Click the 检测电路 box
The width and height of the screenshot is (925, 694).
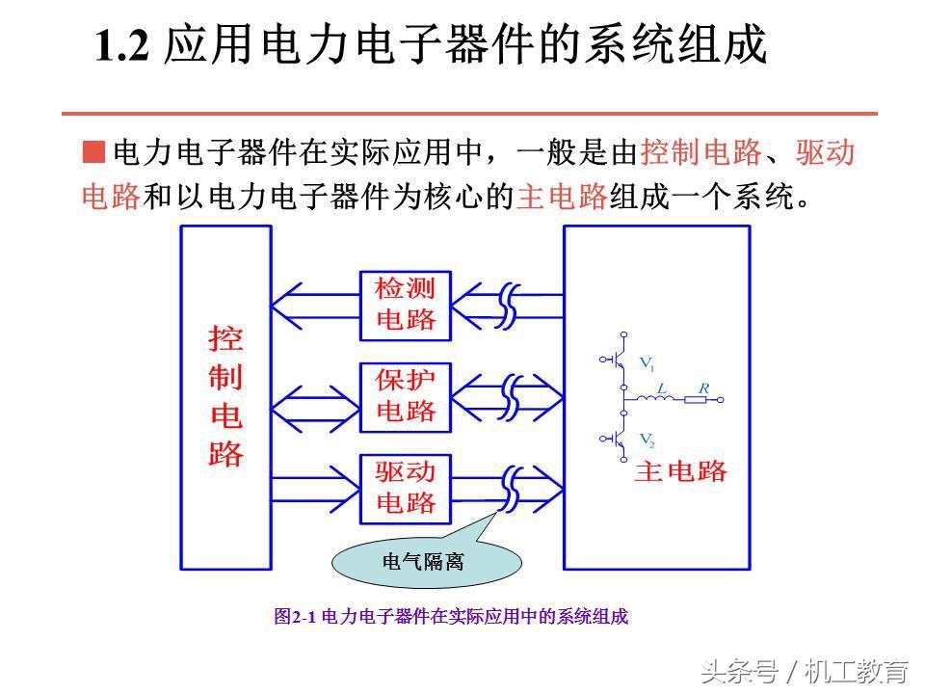pos(405,305)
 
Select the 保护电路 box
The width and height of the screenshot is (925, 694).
pos(405,396)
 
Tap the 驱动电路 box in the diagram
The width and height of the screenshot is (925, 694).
pos(405,488)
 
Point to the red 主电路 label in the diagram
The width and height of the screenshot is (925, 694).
pos(680,471)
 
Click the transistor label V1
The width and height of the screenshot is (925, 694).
pos(647,364)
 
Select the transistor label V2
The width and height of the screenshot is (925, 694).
pos(647,441)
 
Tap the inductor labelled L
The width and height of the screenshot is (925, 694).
pos(662,398)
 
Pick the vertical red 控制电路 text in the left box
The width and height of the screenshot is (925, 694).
pos(225,396)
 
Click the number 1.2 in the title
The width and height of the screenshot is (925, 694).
pos(122,47)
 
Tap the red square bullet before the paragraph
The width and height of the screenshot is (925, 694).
pos(93,152)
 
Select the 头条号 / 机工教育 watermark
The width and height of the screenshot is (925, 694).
pos(805,670)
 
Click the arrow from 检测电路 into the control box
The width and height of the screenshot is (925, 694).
pos(314,305)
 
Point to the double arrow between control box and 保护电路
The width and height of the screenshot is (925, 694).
pos(314,396)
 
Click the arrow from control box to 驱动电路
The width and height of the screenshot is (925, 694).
pos(314,488)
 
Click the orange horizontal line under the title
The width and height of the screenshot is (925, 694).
pos(470,114)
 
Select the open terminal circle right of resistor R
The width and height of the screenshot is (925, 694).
pos(719,398)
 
